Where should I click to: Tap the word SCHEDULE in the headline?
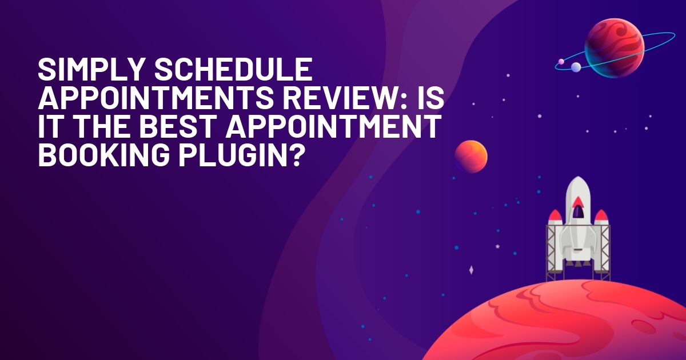click(x=233, y=69)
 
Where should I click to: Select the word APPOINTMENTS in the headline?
click(x=156, y=98)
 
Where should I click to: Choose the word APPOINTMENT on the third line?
click(x=333, y=126)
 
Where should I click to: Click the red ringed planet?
click(x=615, y=48)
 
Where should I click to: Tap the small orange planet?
click(x=470, y=157)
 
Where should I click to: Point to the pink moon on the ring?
click(x=561, y=62)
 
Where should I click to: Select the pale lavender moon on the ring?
click(x=576, y=67)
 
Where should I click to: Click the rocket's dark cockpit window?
click(x=577, y=212)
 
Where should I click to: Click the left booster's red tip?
click(x=555, y=215)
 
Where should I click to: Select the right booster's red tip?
click(x=601, y=215)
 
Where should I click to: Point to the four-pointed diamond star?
click(x=471, y=270)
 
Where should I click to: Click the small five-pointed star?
click(x=498, y=246)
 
